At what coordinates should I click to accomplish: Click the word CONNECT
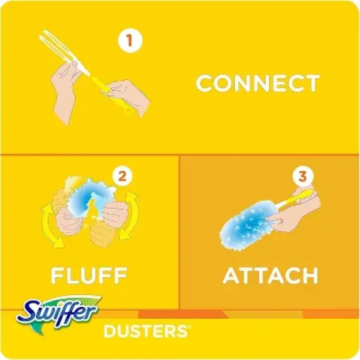258,84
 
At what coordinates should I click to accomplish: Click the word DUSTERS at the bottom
142,332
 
